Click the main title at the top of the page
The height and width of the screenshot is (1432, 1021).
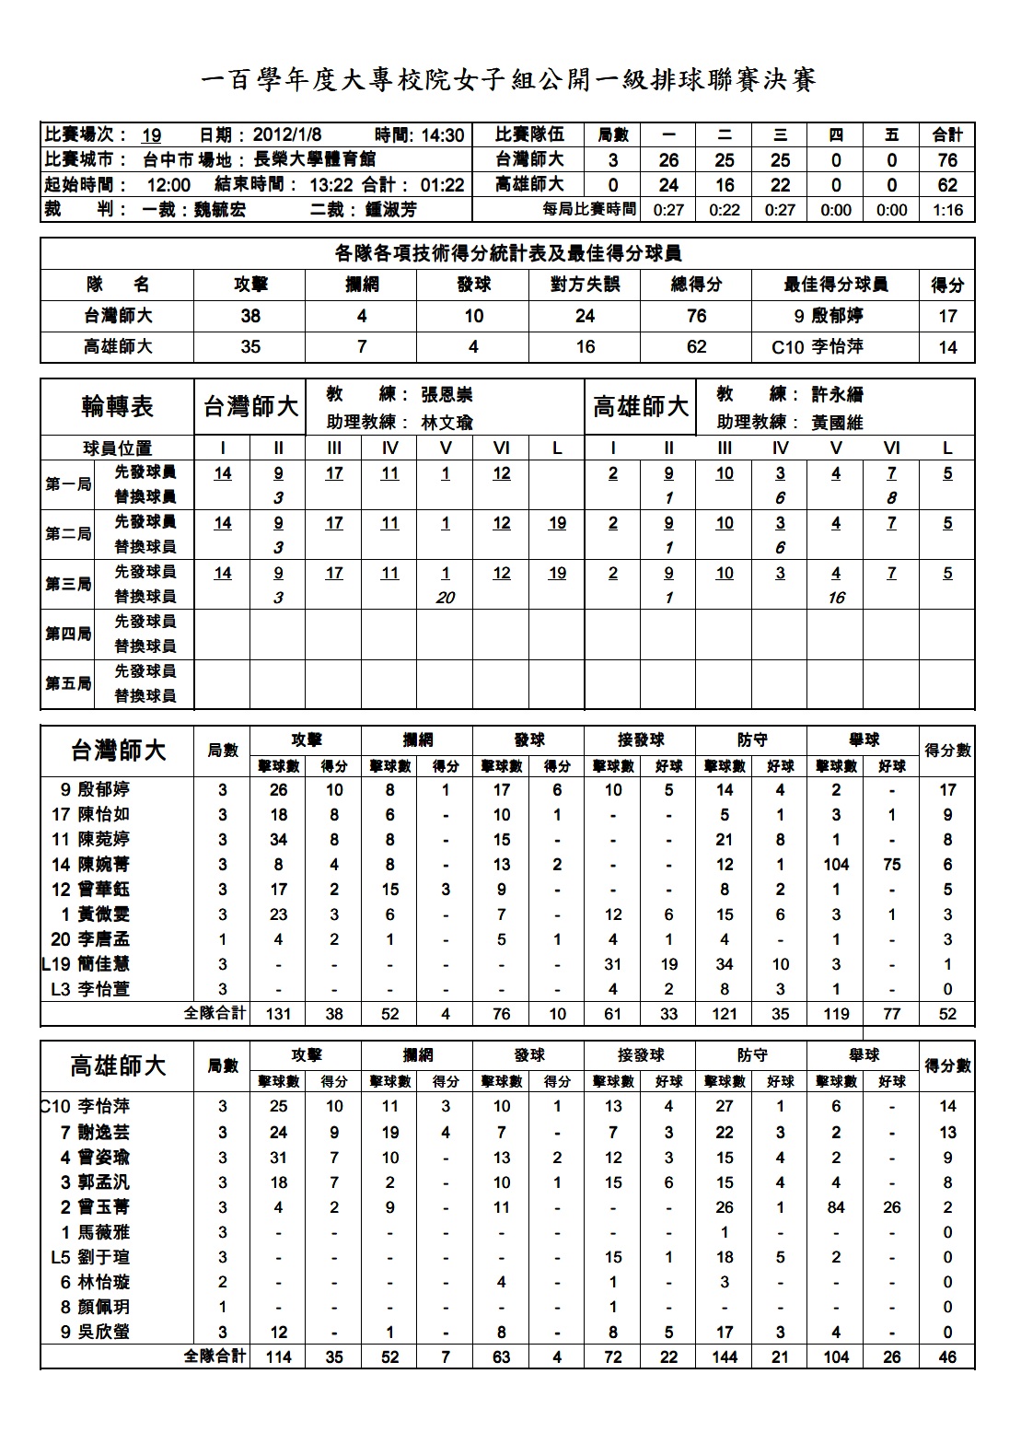pyautogui.click(x=508, y=80)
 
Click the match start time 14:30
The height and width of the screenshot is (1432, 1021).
pyautogui.click(x=443, y=135)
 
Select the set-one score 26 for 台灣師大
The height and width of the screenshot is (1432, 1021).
pyautogui.click(x=669, y=159)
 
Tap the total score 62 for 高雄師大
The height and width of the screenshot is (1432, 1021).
pyautogui.click(x=947, y=184)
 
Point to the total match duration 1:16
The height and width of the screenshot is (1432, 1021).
pyautogui.click(x=947, y=210)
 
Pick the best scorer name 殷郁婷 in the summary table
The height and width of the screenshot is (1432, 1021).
pyautogui.click(x=837, y=316)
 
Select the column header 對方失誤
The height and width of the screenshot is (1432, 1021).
pyautogui.click(x=585, y=285)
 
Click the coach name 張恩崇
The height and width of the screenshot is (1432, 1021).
pyautogui.click(x=447, y=395)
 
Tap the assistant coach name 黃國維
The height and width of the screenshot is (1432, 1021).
pyautogui.click(x=838, y=423)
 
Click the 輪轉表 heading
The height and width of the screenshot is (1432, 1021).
pyautogui.click(x=117, y=406)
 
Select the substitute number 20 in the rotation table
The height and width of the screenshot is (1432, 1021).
pyautogui.click(x=446, y=598)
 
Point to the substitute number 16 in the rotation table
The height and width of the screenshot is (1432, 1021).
pyautogui.click(x=836, y=598)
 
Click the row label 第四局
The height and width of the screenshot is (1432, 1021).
pyautogui.click(x=69, y=634)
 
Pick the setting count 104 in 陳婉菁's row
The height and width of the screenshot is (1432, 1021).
pyautogui.click(x=836, y=865)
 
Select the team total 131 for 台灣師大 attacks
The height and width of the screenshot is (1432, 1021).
pyautogui.click(x=278, y=1014)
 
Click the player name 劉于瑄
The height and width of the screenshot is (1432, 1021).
pyautogui.click(x=103, y=1257)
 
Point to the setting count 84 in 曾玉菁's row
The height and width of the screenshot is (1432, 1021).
pyautogui.click(x=836, y=1207)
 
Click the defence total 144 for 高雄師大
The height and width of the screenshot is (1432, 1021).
pyautogui.click(x=725, y=1356)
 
